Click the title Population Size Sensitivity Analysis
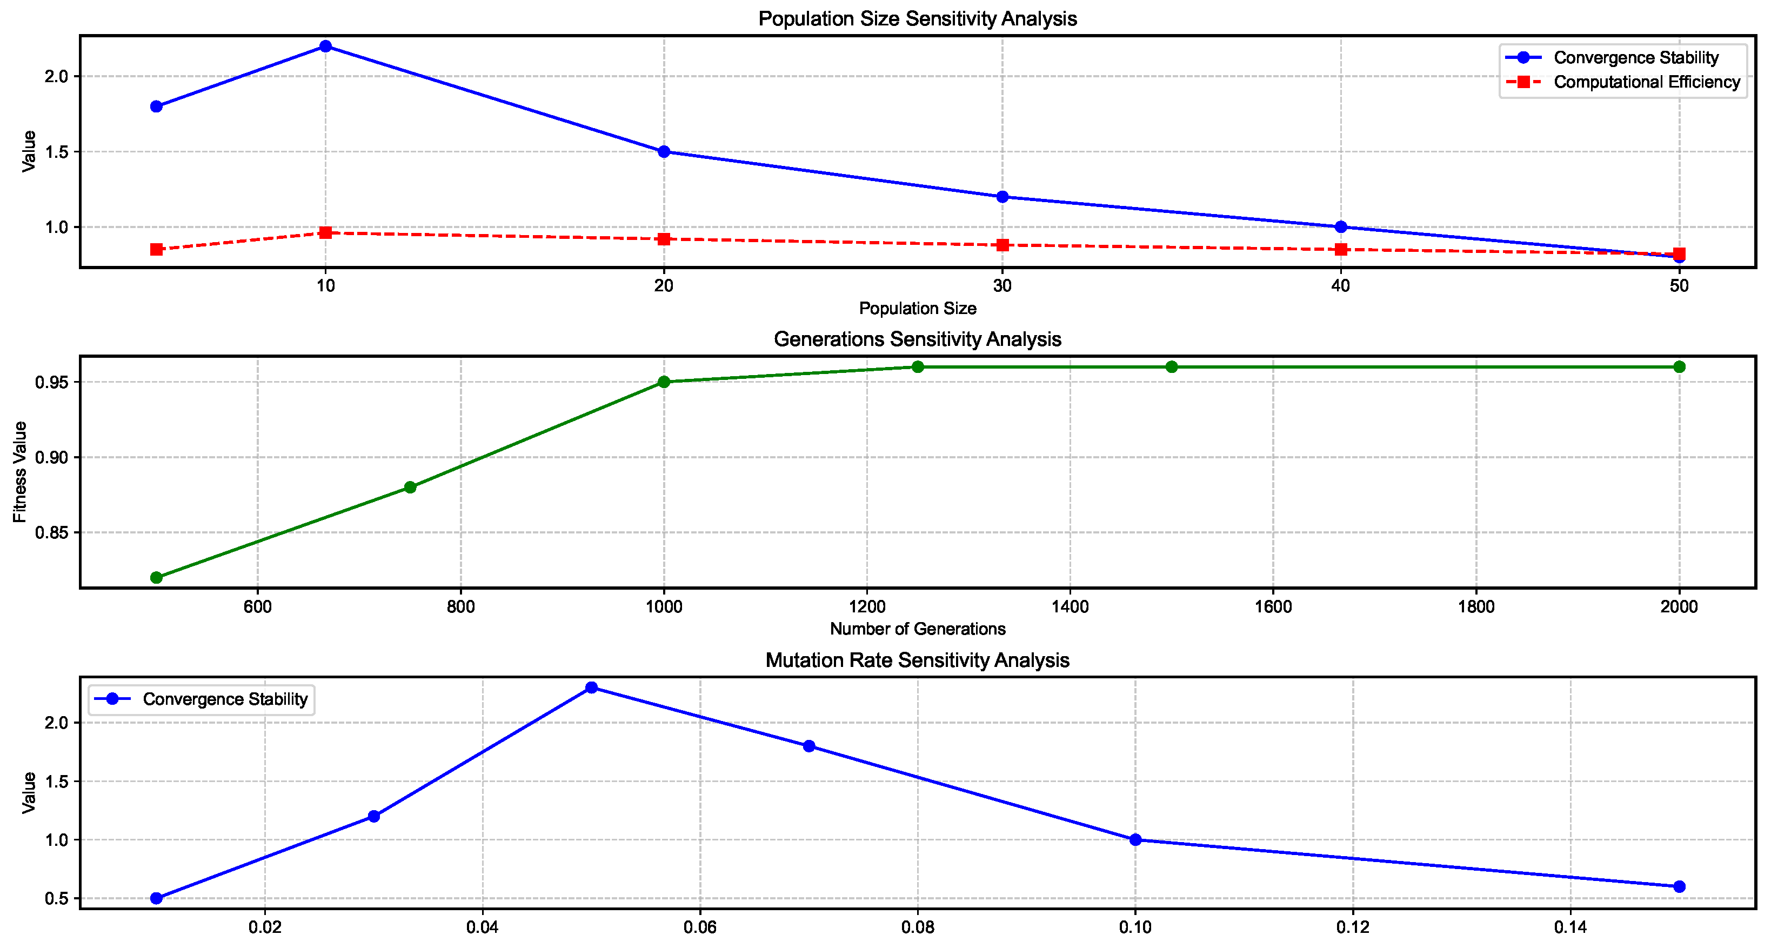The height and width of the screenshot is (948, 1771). click(917, 18)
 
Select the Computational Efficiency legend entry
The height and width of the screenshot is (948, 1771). click(1646, 82)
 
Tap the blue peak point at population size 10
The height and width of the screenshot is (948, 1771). click(326, 46)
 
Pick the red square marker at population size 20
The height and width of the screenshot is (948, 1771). click(664, 239)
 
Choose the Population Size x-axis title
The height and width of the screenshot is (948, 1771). click(917, 309)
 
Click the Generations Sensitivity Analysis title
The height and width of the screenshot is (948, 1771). click(917, 339)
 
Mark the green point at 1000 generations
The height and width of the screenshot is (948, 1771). click(664, 382)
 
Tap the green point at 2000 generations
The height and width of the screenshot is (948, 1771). click(1679, 366)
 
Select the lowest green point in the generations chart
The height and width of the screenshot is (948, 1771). click(157, 577)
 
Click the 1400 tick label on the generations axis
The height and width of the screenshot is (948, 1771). click(1070, 606)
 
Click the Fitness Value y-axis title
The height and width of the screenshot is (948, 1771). click(20, 472)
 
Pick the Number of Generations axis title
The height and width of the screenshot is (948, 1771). click(917, 629)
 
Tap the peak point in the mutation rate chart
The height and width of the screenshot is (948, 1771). click(591, 687)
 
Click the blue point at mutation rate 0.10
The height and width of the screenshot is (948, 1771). click(1135, 839)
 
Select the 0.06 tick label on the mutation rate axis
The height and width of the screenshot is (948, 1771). click(700, 927)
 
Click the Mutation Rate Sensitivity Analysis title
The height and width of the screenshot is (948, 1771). click(917, 660)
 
